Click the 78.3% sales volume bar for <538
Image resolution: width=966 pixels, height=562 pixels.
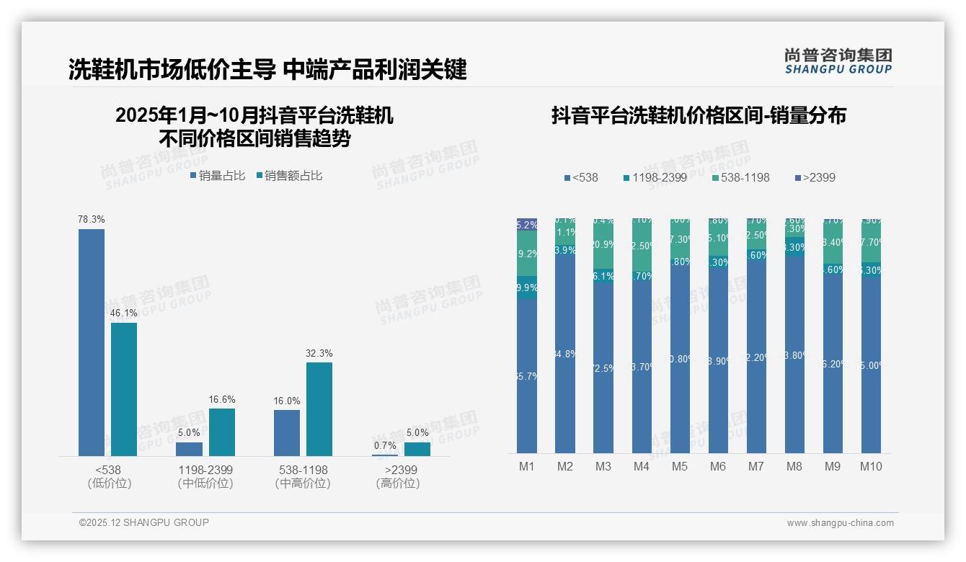[92, 342]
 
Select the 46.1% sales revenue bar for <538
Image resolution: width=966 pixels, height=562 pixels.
[124, 389]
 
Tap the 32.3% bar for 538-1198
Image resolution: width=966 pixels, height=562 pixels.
[319, 409]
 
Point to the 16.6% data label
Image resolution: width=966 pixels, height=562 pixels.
[222, 400]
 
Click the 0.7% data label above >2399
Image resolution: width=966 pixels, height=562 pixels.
[385, 446]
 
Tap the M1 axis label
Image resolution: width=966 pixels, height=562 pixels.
[527, 466]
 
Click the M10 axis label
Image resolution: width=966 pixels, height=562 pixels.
[870, 466]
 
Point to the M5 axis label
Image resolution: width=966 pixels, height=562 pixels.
[680, 466]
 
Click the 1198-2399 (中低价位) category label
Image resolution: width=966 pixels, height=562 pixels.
[205, 476]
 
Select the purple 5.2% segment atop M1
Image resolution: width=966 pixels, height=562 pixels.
[527, 224]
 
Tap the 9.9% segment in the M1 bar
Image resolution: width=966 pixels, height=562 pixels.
[527, 287]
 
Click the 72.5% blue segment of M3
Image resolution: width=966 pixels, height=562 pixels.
[603, 367]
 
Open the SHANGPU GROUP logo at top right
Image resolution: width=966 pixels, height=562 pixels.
[838, 61]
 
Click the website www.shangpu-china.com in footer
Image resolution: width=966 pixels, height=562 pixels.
[840, 523]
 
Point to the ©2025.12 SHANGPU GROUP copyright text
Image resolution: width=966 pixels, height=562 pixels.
[144, 522]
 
